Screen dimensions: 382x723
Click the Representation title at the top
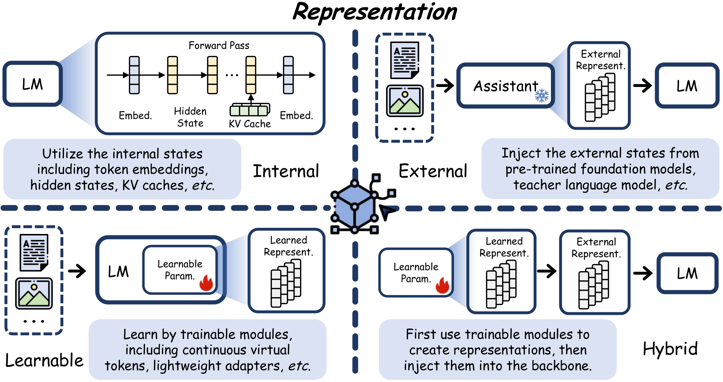375,12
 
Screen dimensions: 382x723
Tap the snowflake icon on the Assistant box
541,96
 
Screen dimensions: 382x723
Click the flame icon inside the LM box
206,283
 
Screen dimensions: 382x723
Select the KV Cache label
249,124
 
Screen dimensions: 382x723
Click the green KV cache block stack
250,110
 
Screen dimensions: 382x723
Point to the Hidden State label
190,117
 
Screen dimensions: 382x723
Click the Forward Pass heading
219,45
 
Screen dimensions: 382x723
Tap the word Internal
286,171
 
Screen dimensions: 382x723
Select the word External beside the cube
433,171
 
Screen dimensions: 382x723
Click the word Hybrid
670,349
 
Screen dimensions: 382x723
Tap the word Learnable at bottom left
44,360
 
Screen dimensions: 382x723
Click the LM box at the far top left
33,84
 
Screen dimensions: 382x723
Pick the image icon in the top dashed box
405,101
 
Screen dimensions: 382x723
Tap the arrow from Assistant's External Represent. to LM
642,86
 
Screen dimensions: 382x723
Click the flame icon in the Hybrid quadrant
442,285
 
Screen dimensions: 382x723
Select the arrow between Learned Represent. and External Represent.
547,271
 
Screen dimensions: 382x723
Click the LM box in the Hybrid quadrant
687,273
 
